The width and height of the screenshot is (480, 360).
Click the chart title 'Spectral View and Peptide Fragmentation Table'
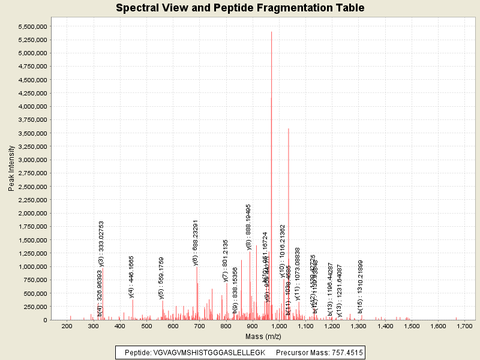point(240,8)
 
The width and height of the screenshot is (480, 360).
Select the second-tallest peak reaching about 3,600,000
point(289,130)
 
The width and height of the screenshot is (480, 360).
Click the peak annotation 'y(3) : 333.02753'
point(101,243)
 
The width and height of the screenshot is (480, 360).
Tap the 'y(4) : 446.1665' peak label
point(131,277)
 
